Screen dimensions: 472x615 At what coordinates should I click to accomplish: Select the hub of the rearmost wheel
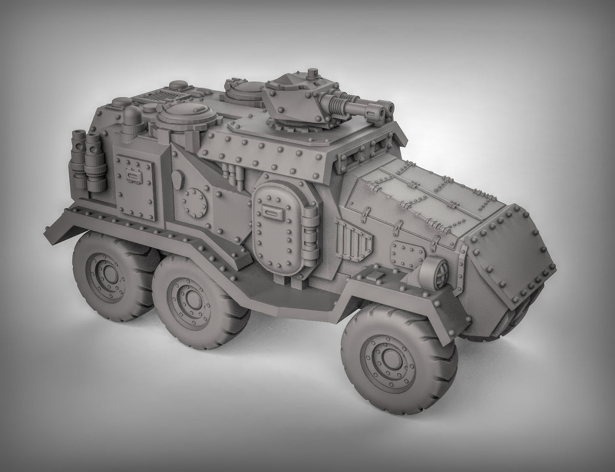coord(105,268)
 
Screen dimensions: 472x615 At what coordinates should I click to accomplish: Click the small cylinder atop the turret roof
coord(312,74)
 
